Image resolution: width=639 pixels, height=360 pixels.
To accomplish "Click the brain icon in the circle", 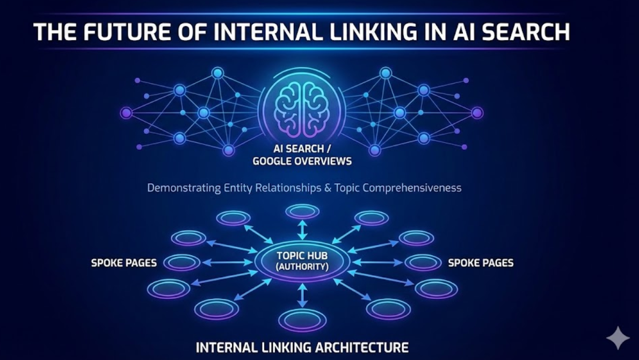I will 302,109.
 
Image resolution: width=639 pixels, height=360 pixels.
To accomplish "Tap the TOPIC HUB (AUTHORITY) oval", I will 302,260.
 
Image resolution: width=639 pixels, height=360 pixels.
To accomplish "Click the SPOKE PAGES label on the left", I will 124,263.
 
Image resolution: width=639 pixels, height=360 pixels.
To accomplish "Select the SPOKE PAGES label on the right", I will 481,263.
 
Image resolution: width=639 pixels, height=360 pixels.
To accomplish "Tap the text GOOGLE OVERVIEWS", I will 302,161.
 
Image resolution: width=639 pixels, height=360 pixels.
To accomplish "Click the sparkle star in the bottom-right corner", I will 618,338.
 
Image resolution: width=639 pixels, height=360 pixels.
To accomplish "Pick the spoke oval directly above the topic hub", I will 302,211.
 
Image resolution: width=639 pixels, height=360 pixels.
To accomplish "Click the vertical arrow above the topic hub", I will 302,229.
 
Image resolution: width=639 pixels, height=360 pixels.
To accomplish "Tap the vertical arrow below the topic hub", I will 302,296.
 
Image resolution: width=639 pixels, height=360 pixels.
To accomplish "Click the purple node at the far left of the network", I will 126,113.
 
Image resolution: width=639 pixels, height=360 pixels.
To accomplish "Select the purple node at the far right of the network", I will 477,113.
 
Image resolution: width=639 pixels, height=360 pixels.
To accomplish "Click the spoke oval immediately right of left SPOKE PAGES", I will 181,262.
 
